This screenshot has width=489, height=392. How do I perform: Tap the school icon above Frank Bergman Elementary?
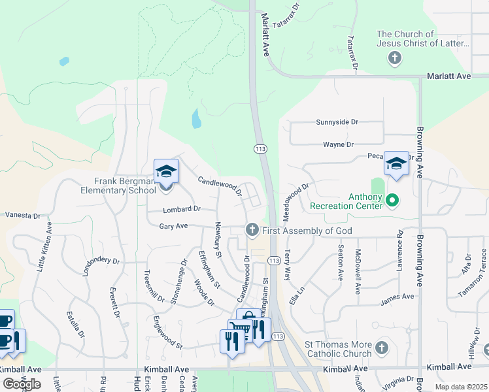166,172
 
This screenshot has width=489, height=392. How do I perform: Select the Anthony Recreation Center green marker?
392,200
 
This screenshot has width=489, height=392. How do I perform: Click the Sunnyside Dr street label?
337,122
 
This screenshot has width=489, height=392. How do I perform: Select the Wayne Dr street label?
338,144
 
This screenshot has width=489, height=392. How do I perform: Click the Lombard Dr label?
181,209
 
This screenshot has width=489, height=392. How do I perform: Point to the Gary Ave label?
173,226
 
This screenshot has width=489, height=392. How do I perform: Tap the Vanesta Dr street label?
22,214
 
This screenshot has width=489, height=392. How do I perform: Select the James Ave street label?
397,297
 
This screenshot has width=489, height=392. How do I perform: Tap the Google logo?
22,384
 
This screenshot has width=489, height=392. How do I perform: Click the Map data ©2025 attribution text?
461,387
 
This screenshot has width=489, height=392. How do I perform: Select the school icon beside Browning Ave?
396,164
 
